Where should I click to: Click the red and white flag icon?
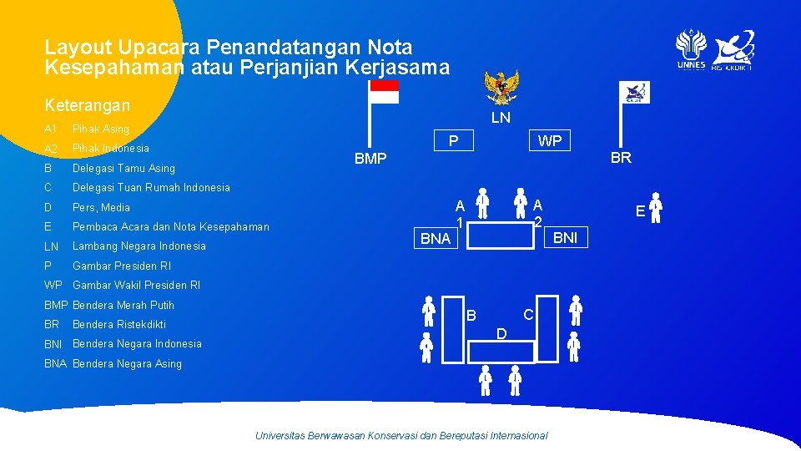384,92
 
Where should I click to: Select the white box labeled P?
453,140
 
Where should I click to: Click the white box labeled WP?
549,141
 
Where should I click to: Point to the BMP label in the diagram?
370,158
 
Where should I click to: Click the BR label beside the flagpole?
621,157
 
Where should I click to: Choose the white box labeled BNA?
436,238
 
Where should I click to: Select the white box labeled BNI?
566,237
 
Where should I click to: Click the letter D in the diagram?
501,334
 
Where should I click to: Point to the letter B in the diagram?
471,316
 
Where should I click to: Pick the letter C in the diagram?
527,314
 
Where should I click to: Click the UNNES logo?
691,50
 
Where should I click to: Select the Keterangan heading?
88,105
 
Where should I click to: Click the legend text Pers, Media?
102,207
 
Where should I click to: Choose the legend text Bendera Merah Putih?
123,305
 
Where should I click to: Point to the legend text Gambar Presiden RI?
122,266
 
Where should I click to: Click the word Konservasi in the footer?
395,435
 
